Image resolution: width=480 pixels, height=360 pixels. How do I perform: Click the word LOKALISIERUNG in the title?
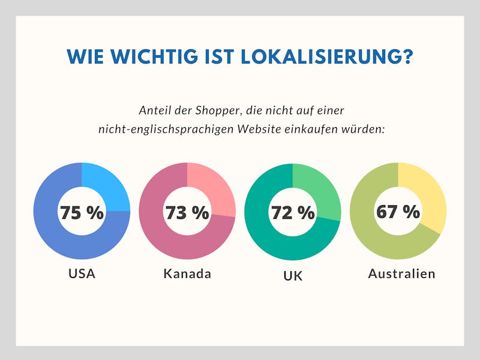pos(326,56)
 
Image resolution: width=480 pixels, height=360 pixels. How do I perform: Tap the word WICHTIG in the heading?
pos(155,56)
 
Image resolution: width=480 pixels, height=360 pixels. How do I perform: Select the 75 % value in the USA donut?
pos(82,212)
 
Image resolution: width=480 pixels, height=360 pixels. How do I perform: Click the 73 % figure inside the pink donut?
pos(187,212)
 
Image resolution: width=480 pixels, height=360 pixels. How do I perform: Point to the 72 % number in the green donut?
pos(293,212)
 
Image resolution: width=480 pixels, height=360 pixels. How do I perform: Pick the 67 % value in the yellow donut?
pos(398,211)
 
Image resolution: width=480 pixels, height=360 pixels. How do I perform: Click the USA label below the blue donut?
pos(82,274)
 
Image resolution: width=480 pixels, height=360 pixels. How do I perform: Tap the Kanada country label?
pos(187,274)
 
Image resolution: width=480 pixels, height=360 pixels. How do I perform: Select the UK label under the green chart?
pos(293,276)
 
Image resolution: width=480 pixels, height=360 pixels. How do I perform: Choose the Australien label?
pos(401,274)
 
